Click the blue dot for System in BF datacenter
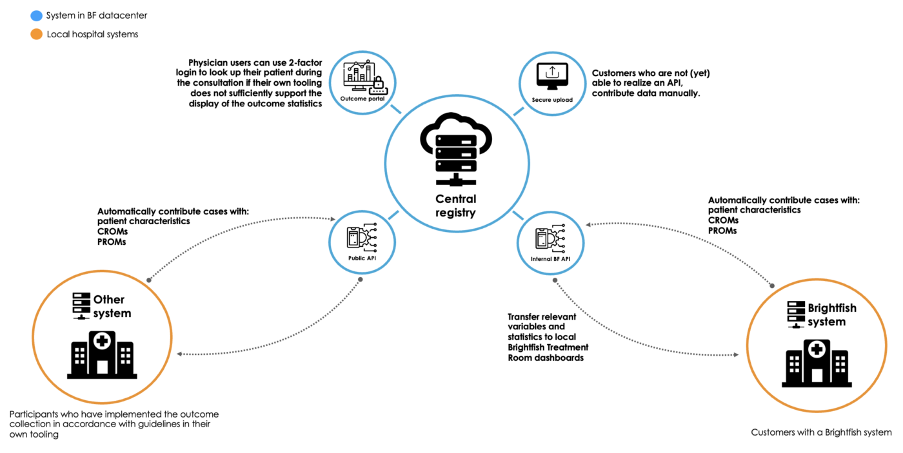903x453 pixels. [x=36, y=15]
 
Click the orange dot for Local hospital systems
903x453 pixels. [x=36, y=34]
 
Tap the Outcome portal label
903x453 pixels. [x=362, y=99]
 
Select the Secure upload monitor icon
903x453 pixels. [x=552, y=75]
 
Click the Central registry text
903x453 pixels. [x=455, y=206]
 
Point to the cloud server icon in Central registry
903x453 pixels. [x=456, y=149]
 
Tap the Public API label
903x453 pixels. [x=362, y=258]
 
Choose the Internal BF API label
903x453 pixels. [x=550, y=259]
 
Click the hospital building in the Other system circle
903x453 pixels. [x=102, y=355]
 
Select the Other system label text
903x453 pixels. [x=112, y=306]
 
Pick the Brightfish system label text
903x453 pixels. [x=832, y=314]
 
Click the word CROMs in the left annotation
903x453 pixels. [x=112, y=231]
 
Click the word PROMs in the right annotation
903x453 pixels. [x=722, y=231]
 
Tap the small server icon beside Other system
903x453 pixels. [x=81, y=306]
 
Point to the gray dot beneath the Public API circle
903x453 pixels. [x=361, y=280]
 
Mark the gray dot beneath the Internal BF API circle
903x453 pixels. [x=555, y=280]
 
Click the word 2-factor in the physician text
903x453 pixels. [x=305, y=63]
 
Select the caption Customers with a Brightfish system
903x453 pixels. [x=821, y=432]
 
